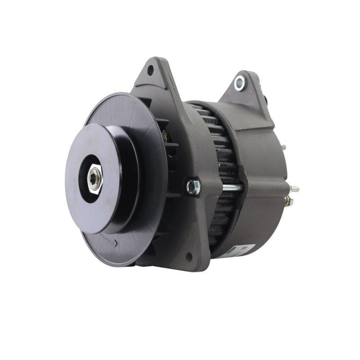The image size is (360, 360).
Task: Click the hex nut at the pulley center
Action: click(94, 178)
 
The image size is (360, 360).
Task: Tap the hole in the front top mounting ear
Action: click(150, 70)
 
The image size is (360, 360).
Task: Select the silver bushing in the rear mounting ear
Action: click(239, 82)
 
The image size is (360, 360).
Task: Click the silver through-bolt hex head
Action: click(193, 187)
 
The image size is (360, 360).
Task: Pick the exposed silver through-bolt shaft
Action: click(232, 188)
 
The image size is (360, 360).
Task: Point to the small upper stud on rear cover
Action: click(283, 147)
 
